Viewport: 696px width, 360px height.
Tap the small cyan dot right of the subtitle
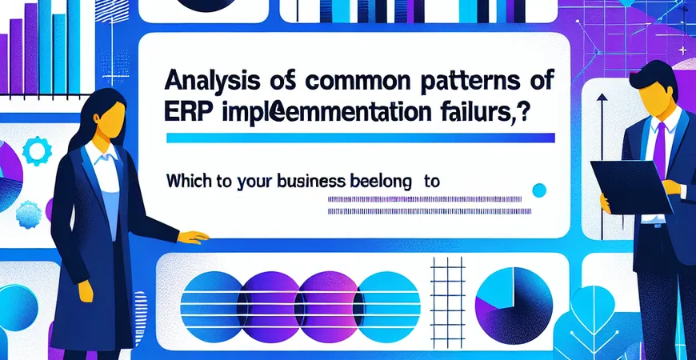pyautogui.click(x=539, y=190)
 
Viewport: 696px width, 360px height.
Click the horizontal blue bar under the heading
pyautogui.click(x=360, y=138)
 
